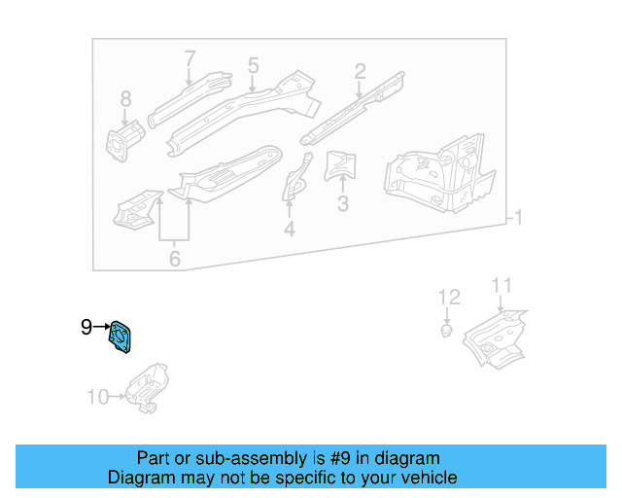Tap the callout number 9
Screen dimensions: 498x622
click(x=86, y=328)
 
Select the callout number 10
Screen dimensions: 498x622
click(x=98, y=396)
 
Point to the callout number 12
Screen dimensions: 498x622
click(x=448, y=297)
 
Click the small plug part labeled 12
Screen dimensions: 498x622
click(x=445, y=332)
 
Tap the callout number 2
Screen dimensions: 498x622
click(x=360, y=70)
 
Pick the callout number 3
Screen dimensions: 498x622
click(x=342, y=204)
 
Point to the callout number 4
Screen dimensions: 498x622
click(x=289, y=230)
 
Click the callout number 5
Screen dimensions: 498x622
click(x=253, y=65)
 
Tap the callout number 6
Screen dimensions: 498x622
click(x=175, y=259)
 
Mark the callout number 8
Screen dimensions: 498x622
click(x=124, y=99)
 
